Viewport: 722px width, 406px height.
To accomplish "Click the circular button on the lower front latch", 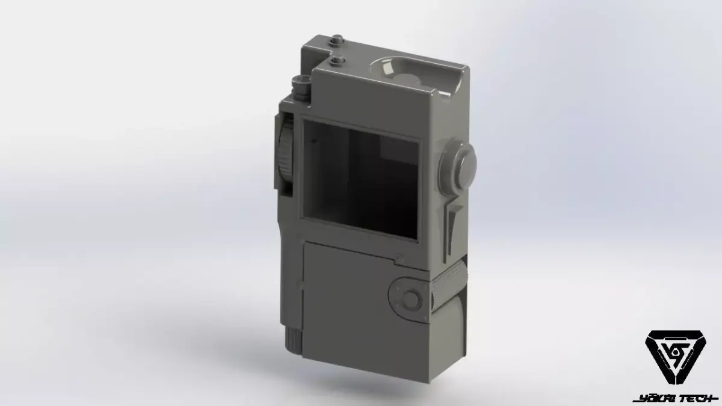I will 411,299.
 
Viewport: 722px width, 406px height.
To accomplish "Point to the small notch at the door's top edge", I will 398,259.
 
